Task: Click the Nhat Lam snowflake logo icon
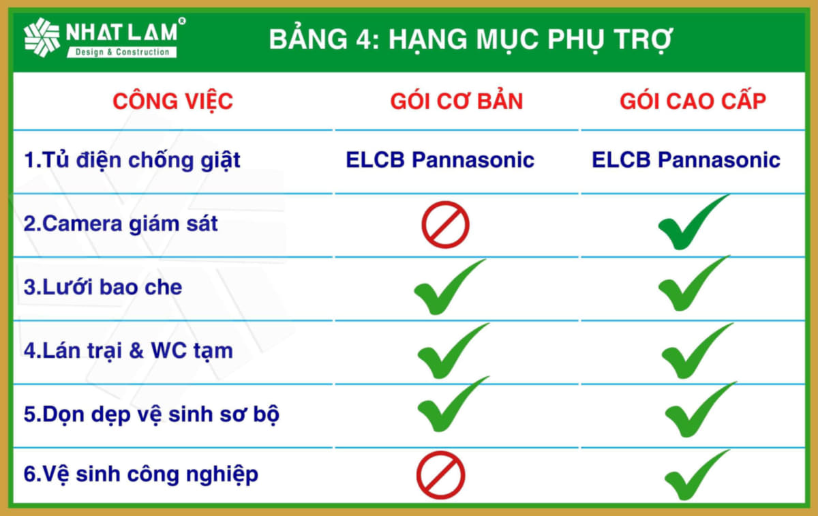click(x=42, y=37)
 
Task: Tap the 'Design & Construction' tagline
click(x=122, y=52)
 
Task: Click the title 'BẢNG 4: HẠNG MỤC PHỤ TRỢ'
click(x=471, y=40)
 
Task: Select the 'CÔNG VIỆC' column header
click(x=172, y=102)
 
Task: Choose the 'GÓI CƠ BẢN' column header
click(x=457, y=101)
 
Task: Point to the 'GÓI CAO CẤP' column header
click(x=693, y=101)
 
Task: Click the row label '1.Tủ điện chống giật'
click(x=132, y=161)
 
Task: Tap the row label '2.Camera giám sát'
click(x=121, y=224)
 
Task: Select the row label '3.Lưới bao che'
click(x=103, y=287)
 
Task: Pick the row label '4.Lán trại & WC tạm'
click(x=128, y=351)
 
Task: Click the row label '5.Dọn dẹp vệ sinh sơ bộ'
click(x=151, y=415)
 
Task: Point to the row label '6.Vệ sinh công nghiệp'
click(x=141, y=474)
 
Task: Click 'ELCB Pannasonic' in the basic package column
click(x=440, y=160)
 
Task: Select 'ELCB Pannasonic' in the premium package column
click(x=686, y=160)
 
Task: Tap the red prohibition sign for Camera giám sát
click(x=445, y=224)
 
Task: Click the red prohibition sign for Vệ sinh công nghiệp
click(x=440, y=474)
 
